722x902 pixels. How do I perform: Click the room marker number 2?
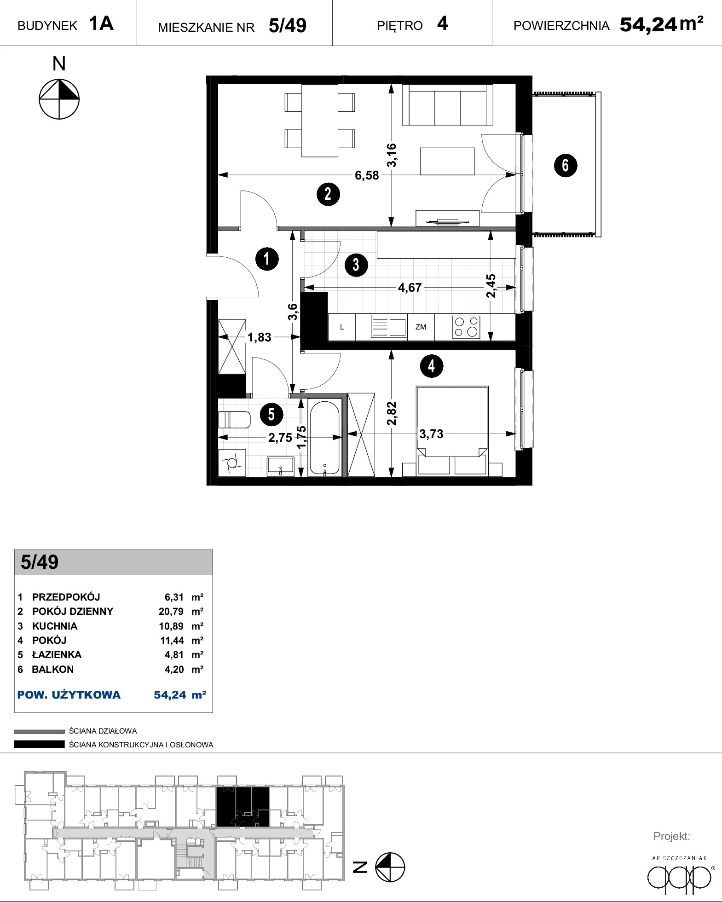(x=328, y=194)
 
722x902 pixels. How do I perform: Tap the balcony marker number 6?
(x=566, y=166)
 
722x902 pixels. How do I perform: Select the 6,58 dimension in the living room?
(x=367, y=175)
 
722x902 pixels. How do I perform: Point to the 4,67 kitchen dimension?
(x=410, y=288)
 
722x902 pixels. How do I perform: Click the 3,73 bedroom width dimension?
(x=431, y=434)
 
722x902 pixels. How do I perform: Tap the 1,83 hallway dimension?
(x=260, y=337)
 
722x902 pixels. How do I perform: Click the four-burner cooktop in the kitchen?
(x=467, y=327)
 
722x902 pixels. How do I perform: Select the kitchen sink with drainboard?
(x=389, y=327)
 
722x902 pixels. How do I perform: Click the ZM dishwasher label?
(x=421, y=327)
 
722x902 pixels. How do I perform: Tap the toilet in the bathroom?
(x=234, y=420)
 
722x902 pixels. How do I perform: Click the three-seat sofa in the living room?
(x=447, y=105)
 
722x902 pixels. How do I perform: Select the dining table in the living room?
(x=320, y=121)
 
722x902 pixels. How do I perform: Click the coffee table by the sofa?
(x=447, y=161)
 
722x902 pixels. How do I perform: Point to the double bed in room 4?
(x=452, y=431)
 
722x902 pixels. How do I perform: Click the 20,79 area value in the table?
(x=171, y=612)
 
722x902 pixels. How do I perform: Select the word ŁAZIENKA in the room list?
(x=57, y=654)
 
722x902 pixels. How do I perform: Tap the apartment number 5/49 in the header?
(x=288, y=25)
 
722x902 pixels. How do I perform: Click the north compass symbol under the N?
(x=59, y=99)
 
